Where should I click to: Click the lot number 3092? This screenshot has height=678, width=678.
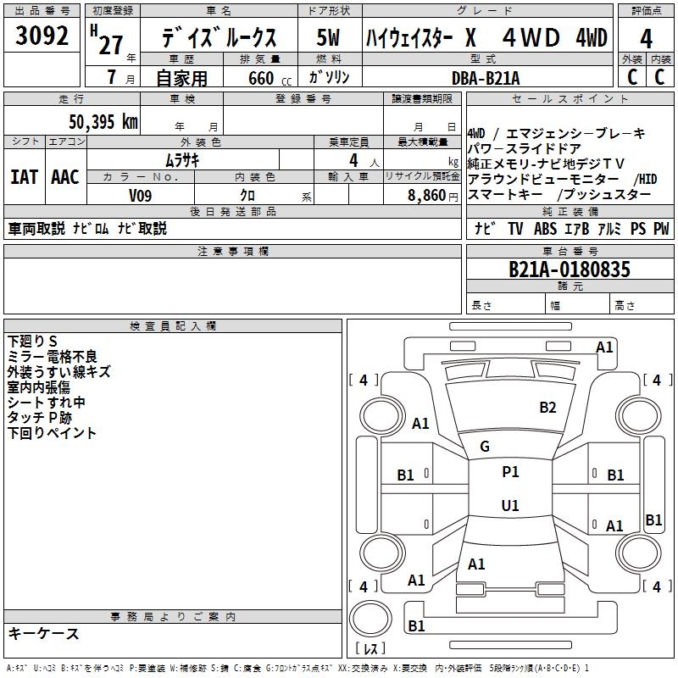tap(42, 38)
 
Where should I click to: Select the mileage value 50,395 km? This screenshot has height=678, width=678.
tap(103, 121)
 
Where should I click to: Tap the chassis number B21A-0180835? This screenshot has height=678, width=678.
tap(570, 270)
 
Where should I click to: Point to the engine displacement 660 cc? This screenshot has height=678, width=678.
tap(261, 78)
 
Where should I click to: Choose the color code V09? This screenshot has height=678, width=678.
tap(141, 195)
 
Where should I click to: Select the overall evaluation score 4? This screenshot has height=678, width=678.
tap(647, 40)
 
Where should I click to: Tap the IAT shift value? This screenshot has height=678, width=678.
tap(24, 177)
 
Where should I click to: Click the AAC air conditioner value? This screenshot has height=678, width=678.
tap(65, 177)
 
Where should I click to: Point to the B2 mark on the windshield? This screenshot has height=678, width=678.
tap(548, 408)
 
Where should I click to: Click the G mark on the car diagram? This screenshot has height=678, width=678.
tap(485, 447)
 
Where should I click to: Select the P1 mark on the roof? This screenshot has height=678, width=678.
tap(510, 472)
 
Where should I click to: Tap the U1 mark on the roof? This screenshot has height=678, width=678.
tap(510, 506)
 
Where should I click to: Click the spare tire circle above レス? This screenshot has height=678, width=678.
tap(370, 620)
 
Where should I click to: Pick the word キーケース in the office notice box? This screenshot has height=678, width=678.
tap(43, 634)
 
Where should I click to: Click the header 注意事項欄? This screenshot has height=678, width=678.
tap(233, 252)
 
